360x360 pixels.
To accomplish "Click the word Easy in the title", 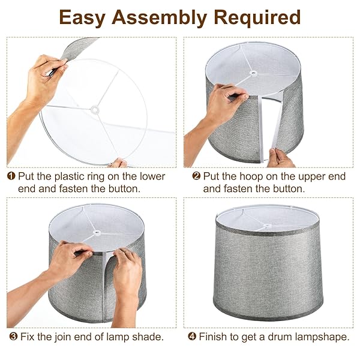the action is point(82,18).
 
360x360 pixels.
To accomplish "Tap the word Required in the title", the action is point(257,18).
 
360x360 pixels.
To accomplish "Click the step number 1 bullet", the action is point(11,176).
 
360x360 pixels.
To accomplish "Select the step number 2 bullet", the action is point(196,176).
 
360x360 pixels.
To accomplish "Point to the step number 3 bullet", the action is point(13,337).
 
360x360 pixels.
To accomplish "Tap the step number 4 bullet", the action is point(192,337).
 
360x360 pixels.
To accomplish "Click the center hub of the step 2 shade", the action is point(253,73).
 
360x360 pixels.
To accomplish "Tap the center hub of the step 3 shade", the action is point(97,233).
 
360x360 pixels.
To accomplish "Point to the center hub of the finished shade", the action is point(267,226).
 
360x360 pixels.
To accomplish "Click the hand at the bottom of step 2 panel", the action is point(280,158).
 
